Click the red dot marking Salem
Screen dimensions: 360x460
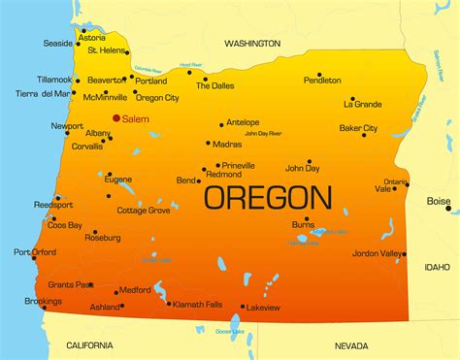(x=116, y=118)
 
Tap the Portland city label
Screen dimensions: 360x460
(x=152, y=81)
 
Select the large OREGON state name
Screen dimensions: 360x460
(x=267, y=197)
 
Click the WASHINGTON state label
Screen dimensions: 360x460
(x=252, y=44)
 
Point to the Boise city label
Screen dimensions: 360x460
(x=439, y=201)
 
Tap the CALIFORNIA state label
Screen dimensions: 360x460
(x=89, y=345)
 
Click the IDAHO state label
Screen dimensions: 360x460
(x=438, y=266)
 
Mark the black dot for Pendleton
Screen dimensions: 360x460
(x=318, y=74)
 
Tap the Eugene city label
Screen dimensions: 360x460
(x=118, y=180)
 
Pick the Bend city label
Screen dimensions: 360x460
(x=185, y=180)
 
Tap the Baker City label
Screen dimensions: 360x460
(x=358, y=128)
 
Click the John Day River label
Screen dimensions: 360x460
(x=263, y=133)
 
